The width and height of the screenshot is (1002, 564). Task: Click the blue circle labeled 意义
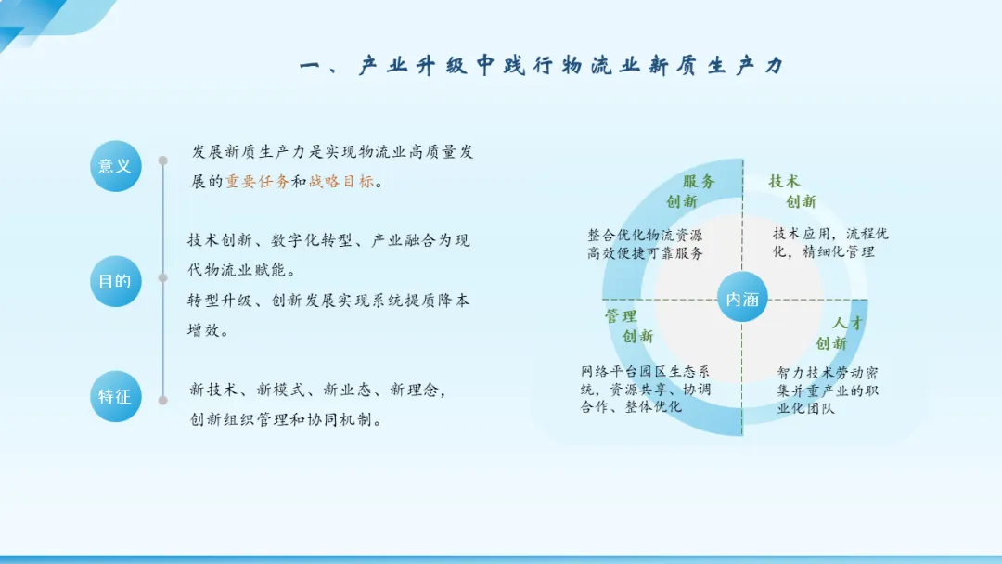[x=116, y=166]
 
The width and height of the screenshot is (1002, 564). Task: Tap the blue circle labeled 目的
[x=116, y=281]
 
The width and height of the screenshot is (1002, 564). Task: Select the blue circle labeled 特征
[x=116, y=397]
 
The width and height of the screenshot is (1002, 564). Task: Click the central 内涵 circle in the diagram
[x=742, y=299]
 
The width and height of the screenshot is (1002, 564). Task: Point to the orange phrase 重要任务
[x=258, y=182]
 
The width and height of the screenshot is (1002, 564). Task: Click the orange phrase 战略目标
[x=341, y=182]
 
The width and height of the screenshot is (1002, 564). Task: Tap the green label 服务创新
[x=690, y=192]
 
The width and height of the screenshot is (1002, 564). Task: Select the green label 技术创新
[x=792, y=192]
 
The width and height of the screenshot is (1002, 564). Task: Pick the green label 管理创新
[x=629, y=327]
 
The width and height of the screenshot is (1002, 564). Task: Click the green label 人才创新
[x=840, y=333]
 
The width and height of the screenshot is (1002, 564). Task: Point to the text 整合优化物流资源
[x=645, y=235]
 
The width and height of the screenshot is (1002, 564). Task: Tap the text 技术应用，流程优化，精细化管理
[x=830, y=243]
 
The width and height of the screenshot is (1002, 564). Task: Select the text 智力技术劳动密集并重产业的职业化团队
[x=828, y=391]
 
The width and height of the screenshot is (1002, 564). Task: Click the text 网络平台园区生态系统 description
[x=646, y=389]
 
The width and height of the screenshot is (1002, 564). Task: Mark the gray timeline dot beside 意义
[x=163, y=160]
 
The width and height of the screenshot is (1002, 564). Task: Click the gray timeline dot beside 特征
[x=163, y=401]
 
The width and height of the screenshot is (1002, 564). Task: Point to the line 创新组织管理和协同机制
[x=286, y=419]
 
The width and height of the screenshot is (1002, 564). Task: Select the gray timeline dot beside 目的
[x=163, y=278]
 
